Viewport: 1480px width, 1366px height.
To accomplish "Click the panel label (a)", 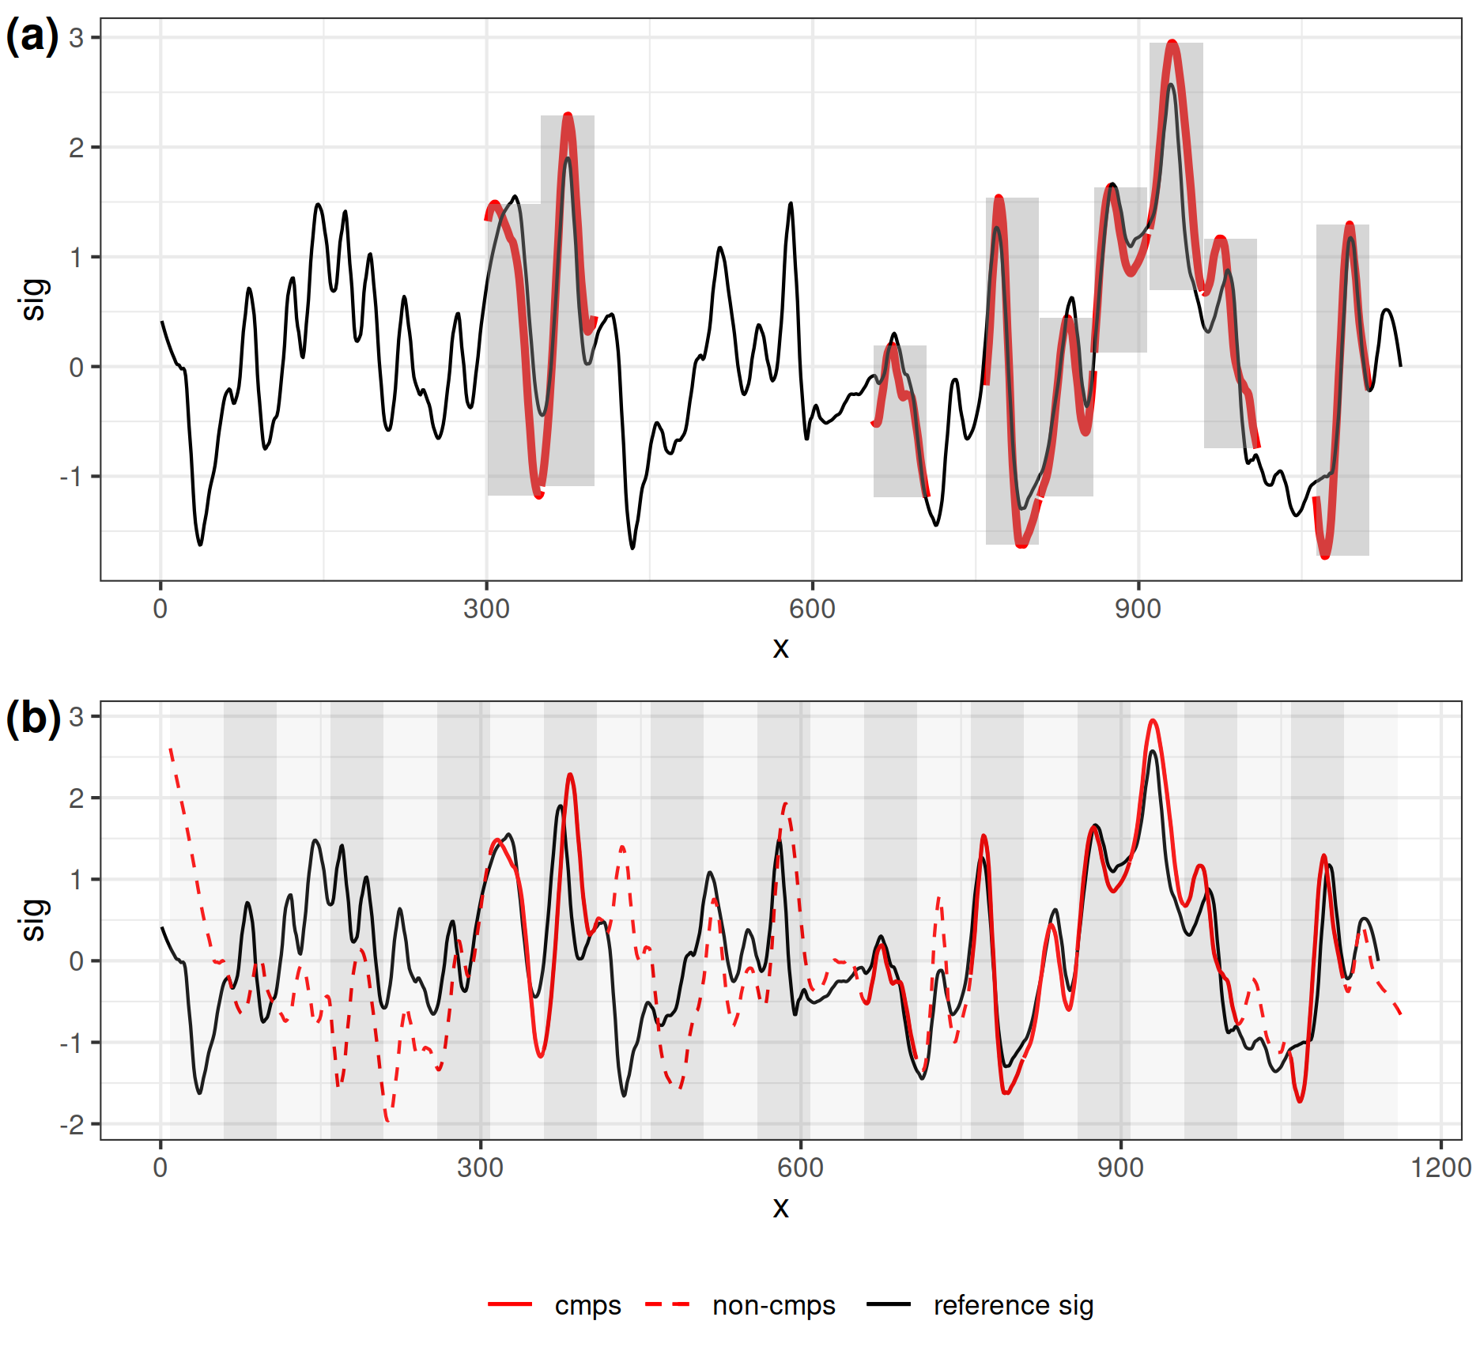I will pyautogui.click(x=32, y=36).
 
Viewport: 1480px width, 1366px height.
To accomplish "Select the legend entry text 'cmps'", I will pyautogui.click(x=587, y=1305).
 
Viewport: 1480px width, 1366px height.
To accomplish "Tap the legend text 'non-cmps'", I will pyautogui.click(x=773, y=1305).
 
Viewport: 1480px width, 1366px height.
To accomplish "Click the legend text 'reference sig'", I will pyautogui.click(x=1013, y=1305).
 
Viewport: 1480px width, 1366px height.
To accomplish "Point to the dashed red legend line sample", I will pyautogui.click(x=667, y=1304).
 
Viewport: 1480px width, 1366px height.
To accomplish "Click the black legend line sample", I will pyautogui.click(x=889, y=1304).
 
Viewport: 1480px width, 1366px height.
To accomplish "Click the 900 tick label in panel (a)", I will pyautogui.click(x=1138, y=609).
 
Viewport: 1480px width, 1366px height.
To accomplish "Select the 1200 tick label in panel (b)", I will pyautogui.click(x=1440, y=1168).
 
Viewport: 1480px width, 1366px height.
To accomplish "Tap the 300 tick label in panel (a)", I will pyautogui.click(x=486, y=609).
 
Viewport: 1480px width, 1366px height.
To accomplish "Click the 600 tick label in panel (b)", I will pyautogui.click(x=800, y=1168).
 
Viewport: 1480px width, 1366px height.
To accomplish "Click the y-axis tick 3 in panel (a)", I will pyautogui.click(x=77, y=37).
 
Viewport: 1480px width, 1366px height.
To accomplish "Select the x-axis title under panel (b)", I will pyautogui.click(x=780, y=1207).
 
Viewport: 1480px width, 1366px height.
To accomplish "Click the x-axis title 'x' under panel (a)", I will pyautogui.click(x=780, y=648).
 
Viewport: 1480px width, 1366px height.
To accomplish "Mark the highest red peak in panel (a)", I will pyautogui.click(x=1172, y=42).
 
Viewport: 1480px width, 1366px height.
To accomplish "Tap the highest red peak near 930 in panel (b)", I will pyautogui.click(x=1153, y=721).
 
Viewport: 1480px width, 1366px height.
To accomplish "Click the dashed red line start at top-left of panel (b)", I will pyautogui.click(x=171, y=749).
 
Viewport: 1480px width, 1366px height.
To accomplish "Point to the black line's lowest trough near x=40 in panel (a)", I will pyautogui.click(x=200, y=545).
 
